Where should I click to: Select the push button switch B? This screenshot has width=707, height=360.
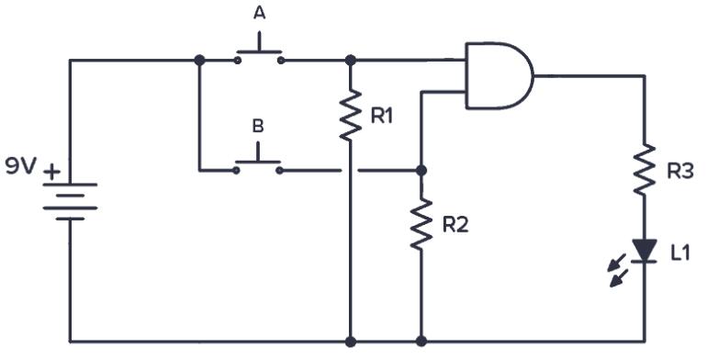click(258, 163)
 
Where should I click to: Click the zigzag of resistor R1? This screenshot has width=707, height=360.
click(350, 115)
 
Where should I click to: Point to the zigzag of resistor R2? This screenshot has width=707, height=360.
click(421, 223)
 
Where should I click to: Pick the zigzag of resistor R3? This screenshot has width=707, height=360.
click(645, 168)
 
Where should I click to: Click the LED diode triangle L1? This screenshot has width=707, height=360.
click(645, 251)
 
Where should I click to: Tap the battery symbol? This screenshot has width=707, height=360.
click(70, 201)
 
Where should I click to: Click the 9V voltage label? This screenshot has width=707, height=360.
click(21, 166)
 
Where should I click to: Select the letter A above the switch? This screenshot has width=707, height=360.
click(259, 13)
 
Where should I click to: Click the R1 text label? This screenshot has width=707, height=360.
click(383, 116)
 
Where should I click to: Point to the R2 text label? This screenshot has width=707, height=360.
click(454, 225)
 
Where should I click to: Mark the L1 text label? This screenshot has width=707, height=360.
click(679, 253)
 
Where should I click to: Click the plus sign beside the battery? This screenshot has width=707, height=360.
click(52, 171)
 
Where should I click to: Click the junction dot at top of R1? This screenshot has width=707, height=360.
click(350, 61)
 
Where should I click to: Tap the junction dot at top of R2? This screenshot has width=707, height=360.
click(421, 170)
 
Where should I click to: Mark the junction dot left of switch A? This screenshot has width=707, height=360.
click(198, 61)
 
